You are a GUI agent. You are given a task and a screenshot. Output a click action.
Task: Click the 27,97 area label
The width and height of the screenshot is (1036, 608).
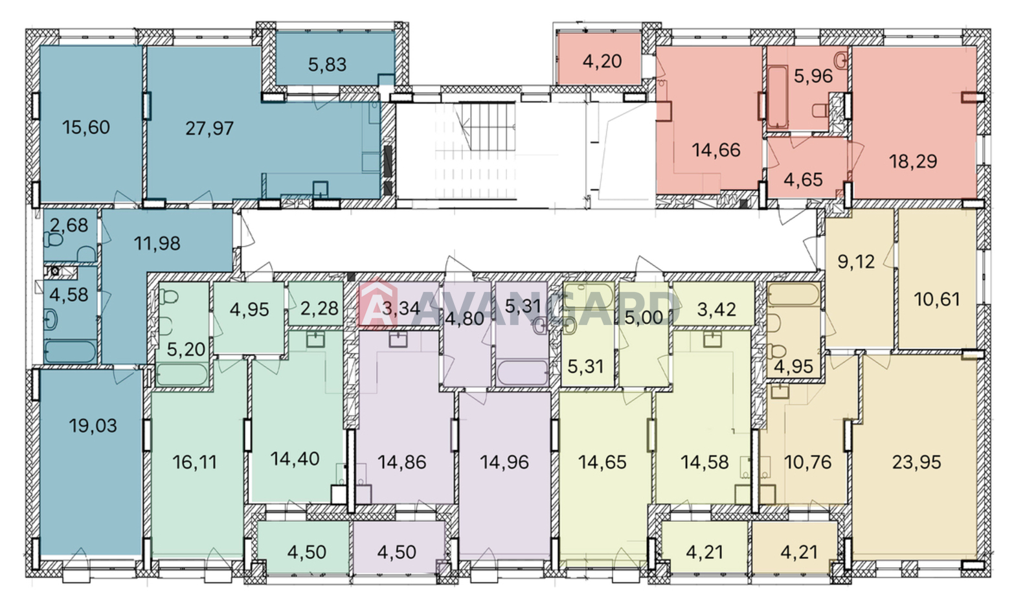[x=210, y=128]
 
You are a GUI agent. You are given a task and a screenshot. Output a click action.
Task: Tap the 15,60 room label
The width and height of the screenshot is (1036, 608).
[x=86, y=127]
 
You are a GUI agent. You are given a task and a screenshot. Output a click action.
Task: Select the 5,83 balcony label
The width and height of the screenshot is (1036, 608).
[x=327, y=64]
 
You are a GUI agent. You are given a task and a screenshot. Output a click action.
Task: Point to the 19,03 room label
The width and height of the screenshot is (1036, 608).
[x=93, y=425]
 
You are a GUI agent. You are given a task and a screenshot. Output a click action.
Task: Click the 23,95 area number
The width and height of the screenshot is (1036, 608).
[x=916, y=462]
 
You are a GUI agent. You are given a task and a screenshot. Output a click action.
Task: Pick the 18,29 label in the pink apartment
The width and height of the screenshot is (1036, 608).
[x=913, y=161]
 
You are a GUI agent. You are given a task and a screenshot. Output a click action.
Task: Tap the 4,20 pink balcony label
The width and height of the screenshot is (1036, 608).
[x=602, y=61]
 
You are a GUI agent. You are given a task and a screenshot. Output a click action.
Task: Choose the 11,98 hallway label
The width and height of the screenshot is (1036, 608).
[x=157, y=243]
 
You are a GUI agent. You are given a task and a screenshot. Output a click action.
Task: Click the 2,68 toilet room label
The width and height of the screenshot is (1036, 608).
[x=69, y=225]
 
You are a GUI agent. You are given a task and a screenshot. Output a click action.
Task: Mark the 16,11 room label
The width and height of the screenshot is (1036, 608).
[x=194, y=462]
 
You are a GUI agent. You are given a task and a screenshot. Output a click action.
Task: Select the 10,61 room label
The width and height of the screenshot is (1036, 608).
[x=937, y=299]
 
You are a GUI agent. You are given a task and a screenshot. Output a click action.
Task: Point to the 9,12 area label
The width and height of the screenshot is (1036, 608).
[x=856, y=262]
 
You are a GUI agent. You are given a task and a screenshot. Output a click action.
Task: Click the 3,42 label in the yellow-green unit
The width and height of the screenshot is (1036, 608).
[x=716, y=310]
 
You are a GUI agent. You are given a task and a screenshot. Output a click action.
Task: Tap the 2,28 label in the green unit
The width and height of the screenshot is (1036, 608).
[x=319, y=308]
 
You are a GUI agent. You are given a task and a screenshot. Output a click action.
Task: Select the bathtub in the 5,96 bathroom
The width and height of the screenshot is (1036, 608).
[x=778, y=97]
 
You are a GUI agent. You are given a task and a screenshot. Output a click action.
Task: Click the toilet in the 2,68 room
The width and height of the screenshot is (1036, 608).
[x=54, y=240]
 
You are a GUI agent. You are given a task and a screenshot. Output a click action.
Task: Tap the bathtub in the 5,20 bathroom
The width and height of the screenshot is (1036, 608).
[x=182, y=374]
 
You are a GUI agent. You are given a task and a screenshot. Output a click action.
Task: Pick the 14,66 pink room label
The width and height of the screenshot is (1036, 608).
[x=716, y=150]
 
